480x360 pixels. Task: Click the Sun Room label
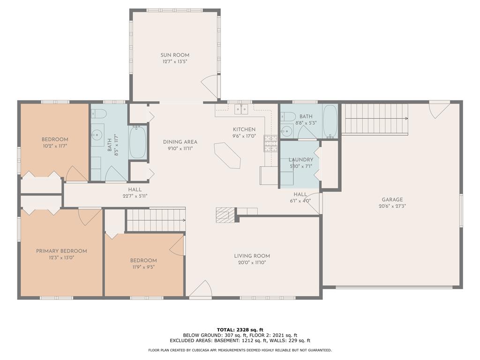(x=175, y=55)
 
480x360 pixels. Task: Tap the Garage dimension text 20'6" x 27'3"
(x=391, y=206)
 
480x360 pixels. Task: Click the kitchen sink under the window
(x=241, y=109)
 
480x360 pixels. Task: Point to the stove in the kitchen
(x=270, y=144)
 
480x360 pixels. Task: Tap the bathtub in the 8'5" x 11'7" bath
(x=138, y=142)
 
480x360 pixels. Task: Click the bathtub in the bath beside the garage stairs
(x=330, y=121)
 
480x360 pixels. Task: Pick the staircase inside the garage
(x=375, y=119)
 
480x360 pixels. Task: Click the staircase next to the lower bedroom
(x=156, y=220)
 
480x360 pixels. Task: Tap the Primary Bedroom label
(x=61, y=251)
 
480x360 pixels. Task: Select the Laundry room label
(x=300, y=160)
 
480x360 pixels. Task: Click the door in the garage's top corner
(x=439, y=109)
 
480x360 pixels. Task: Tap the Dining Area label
(x=180, y=142)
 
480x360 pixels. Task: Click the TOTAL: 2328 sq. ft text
(x=240, y=330)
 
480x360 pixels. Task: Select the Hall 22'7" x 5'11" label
(x=132, y=189)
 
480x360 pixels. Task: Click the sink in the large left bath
(x=97, y=135)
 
